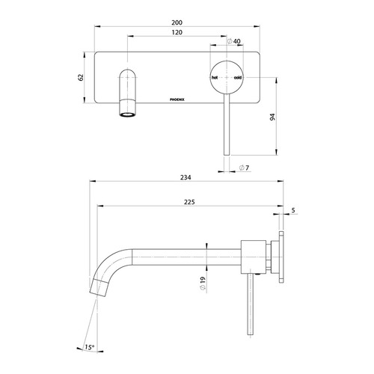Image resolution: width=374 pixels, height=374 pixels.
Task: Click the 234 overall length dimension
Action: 186,177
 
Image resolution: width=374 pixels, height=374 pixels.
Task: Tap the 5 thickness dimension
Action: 294,211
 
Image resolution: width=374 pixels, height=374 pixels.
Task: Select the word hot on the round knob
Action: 215,78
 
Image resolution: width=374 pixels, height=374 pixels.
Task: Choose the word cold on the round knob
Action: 237,78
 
